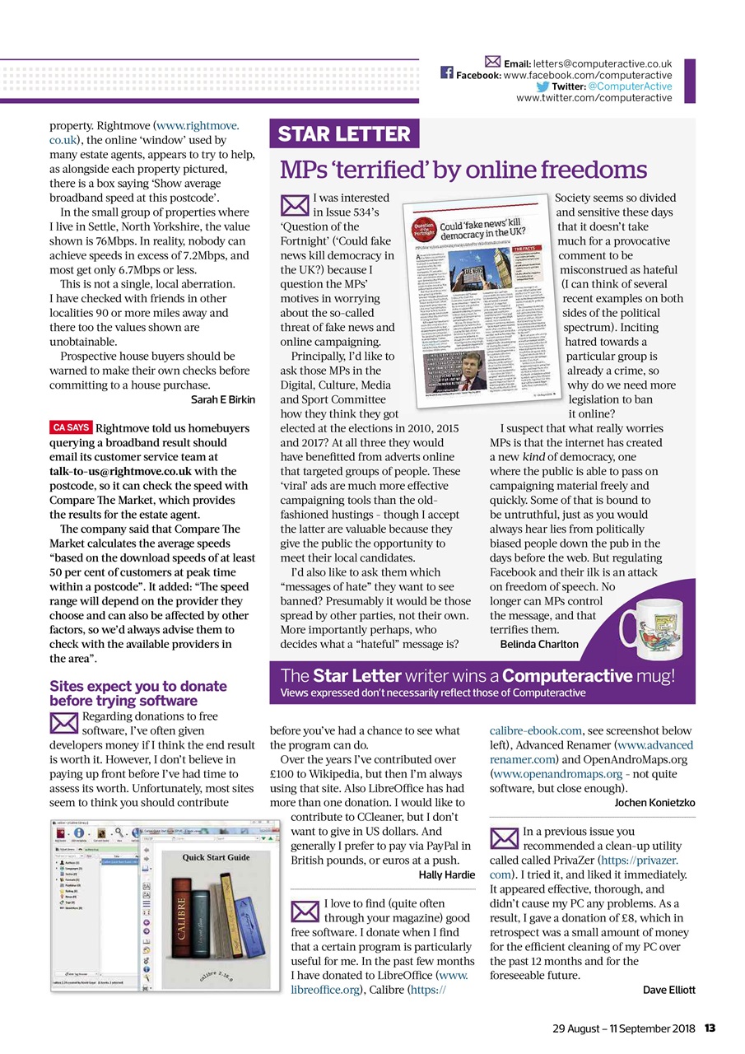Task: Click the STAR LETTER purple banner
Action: (x=344, y=134)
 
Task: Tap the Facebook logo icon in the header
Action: (x=447, y=72)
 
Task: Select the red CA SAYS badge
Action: (x=71, y=427)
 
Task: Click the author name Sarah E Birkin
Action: (x=223, y=399)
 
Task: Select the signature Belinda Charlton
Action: (x=539, y=644)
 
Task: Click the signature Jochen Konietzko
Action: (x=654, y=801)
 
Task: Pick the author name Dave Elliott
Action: (x=668, y=989)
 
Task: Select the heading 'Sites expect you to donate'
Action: (x=137, y=686)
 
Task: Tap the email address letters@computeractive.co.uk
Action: (x=603, y=63)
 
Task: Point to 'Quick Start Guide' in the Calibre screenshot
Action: (x=216, y=857)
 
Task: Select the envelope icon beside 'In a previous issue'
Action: (x=504, y=837)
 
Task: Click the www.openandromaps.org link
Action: (x=555, y=774)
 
